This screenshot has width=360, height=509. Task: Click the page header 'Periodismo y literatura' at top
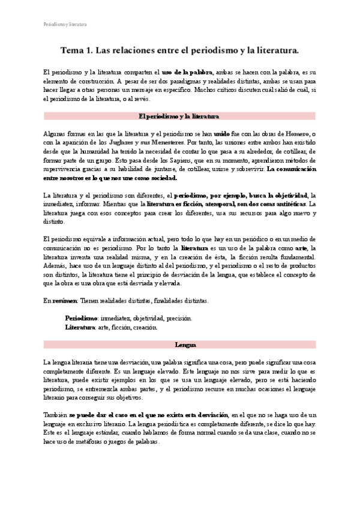[65, 25]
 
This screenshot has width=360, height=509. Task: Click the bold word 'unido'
[221, 133]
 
